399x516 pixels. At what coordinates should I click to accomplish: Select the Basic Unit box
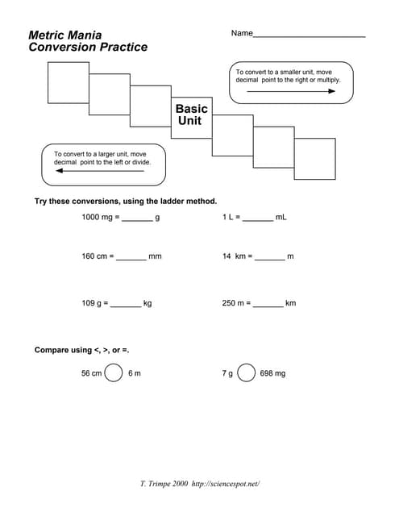click(x=192, y=114)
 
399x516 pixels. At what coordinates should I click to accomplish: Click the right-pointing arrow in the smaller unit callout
click(x=291, y=91)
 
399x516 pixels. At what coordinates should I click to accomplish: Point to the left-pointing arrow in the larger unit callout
click(x=100, y=170)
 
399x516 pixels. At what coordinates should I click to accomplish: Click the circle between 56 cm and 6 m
click(x=114, y=373)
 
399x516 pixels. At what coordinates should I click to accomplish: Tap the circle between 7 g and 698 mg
click(x=247, y=373)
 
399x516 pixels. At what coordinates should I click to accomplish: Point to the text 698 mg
click(x=272, y=374)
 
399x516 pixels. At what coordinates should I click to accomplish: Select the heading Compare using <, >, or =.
click(x=81, y=350)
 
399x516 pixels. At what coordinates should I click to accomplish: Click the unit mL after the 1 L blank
click(x=281, y=218)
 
